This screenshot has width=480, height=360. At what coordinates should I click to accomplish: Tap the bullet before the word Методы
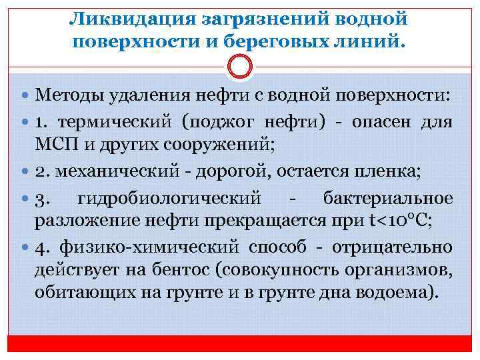(25, 98)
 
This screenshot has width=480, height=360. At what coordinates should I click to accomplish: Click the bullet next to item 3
(25, 199)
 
